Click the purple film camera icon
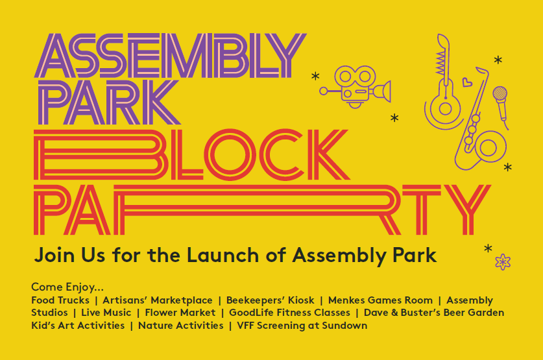(356, 86)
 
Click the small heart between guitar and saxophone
(467, 82)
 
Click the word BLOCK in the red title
(191, 154)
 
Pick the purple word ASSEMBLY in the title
(170, 55)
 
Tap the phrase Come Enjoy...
(67, 287)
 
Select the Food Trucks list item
(60, 300)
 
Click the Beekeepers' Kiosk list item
(270, 300)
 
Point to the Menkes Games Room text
(380, 300)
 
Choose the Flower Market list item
(180, 313)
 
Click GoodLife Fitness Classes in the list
(289, 313)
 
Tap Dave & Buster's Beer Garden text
(434, 313)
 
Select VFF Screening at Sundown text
(302, 326)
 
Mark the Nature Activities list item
(181, 326)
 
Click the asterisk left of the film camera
(315, 76)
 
